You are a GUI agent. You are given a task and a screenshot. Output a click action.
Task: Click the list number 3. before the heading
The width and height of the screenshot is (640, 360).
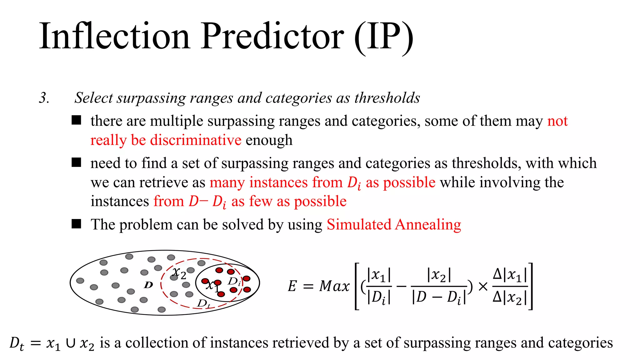tap(44, 98)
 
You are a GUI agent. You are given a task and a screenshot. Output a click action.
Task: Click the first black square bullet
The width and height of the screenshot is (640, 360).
tap(76, 120)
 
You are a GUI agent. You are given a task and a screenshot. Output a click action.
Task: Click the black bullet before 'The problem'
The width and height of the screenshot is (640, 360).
tap(76, 224)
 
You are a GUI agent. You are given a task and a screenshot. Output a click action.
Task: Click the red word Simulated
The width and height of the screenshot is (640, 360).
tap(359, 224)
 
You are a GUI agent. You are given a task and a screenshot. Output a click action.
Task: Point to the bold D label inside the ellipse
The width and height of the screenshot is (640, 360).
tap(148, 285)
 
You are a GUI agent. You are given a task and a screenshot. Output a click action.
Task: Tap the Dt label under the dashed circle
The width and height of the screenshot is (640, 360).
tap(203, 303)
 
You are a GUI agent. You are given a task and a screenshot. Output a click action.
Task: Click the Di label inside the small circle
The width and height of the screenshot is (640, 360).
tap(234, 281)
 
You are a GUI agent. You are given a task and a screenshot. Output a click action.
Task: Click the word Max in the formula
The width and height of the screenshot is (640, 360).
tap(334, 286)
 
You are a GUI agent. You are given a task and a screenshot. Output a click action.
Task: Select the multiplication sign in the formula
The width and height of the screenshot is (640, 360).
tap(483, 286)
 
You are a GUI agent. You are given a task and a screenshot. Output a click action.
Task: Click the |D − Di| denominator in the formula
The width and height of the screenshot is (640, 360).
tap(439, 297)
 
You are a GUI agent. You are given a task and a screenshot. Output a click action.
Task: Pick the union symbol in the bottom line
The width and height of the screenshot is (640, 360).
tap(71, 343)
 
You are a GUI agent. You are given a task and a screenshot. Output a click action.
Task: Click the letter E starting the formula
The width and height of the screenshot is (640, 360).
tap(292, 286)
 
